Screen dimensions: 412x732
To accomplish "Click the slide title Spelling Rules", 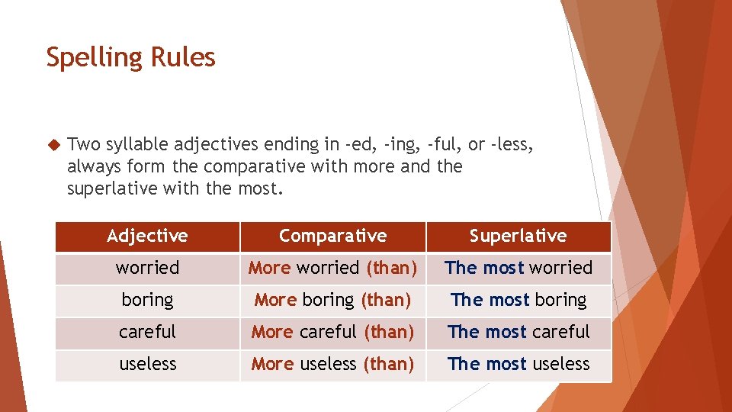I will coord(130,57).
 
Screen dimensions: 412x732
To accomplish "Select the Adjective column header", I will coord(147,236).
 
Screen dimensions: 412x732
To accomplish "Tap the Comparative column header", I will coord(332,236).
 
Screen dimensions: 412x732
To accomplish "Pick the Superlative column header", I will coord(518,236).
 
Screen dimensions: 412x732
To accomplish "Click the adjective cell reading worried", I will coord(147,268).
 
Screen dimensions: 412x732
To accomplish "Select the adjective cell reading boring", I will coord(147,300).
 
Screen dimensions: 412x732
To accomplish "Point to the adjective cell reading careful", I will coord(147,332).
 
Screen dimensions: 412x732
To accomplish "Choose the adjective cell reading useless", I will coord(147,364).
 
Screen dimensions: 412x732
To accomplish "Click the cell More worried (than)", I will coord(332,268).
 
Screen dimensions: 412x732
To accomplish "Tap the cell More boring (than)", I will coord(332,300).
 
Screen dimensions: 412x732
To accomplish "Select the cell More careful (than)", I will coord(332,332).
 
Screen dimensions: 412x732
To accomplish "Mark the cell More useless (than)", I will coord(332,364).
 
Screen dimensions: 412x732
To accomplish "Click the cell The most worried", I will coord(518,268).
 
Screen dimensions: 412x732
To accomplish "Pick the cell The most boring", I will coord(518,300).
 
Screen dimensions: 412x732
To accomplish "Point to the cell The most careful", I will coord(518,332).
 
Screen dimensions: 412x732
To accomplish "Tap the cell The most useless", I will coord(518,364).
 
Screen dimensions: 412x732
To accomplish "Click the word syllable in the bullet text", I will coord(137,144).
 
